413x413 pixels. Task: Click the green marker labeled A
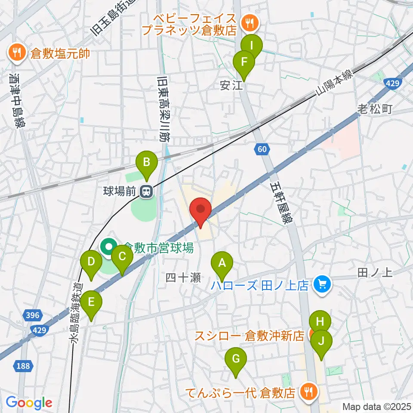click(222, 263)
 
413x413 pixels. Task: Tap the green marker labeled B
click(147, 163)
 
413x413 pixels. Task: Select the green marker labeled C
click(122, 257)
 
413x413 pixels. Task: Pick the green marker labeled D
click(91, 262)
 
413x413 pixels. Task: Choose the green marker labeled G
click(236, 359)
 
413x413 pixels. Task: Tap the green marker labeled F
click(244, 62)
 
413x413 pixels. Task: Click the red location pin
click(201, 210)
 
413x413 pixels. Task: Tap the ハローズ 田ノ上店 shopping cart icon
click(321, 284)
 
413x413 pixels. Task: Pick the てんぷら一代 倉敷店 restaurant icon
click(308, 391)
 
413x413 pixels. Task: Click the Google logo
click(29, 403)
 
